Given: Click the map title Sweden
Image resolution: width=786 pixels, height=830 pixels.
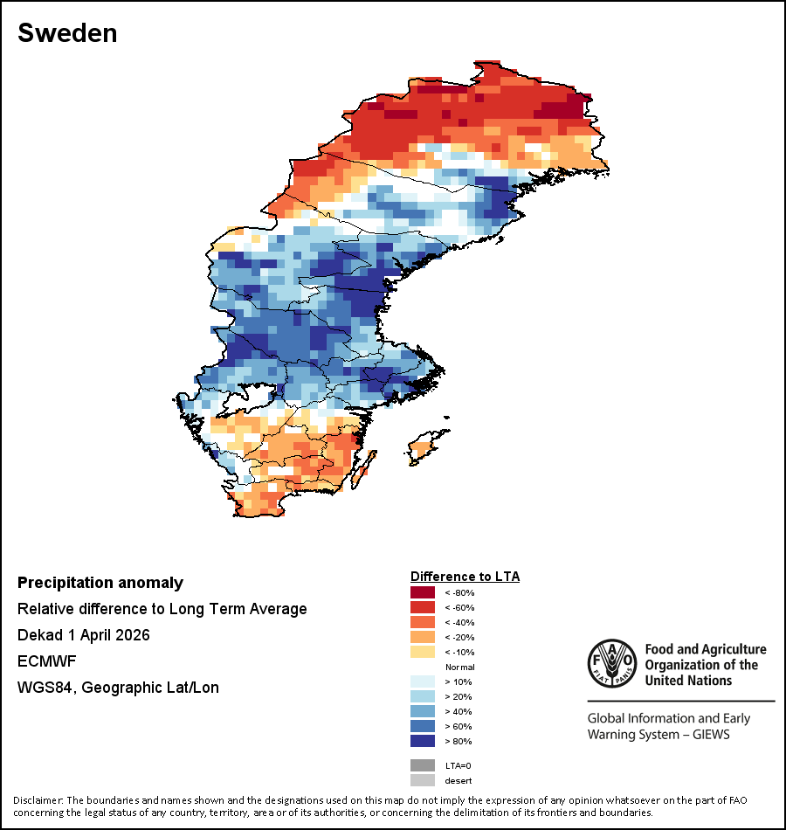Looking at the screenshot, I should [x=67, y=34].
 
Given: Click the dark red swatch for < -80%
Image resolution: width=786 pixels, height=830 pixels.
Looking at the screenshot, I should [x=422, y=593].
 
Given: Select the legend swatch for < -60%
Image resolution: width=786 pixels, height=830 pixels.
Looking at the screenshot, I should [x=422, y=608].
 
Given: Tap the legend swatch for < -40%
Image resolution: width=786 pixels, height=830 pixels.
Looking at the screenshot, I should [x=422, y=623].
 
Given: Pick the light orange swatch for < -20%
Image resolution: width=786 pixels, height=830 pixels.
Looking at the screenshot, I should [x=422, y=638].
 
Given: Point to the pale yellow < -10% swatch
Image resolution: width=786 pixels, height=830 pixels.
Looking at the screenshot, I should [x=422, y=653].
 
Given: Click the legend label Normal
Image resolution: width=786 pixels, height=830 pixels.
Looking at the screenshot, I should [x=459, y=667].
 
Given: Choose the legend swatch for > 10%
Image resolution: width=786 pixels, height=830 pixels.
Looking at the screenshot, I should [x=422, y=682].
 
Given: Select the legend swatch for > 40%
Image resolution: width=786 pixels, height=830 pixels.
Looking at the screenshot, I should [x=422, y=712].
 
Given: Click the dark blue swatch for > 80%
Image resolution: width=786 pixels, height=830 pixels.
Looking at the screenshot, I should [x=422, y=742].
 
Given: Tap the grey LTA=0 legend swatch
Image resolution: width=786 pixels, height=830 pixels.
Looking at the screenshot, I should [x=422, y=765].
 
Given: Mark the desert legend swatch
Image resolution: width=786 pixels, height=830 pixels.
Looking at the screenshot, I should [x=422, y=780].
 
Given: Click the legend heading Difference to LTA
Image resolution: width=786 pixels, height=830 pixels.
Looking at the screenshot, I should [x=465, y=577].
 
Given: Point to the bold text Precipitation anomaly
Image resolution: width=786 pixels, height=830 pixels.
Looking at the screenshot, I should [x=100, y=583].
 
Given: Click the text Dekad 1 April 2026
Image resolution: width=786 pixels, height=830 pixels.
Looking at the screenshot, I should [x=84, y=635].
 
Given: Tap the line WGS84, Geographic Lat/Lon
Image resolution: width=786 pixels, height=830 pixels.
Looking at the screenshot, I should [x=118, y=688].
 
